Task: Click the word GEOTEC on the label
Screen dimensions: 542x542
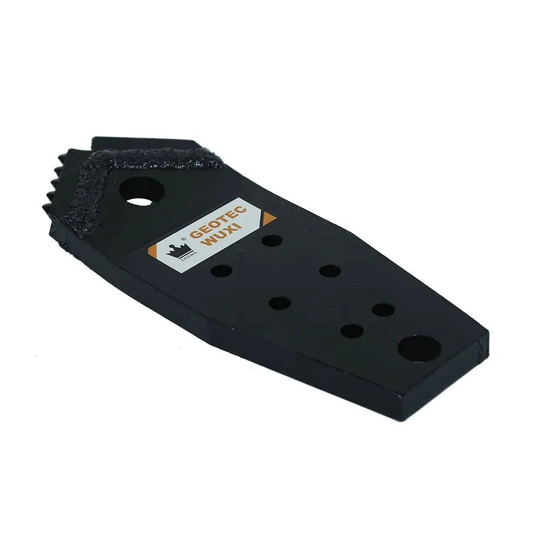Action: click(217, 222)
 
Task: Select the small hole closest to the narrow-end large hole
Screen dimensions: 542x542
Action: click(383, 311)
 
